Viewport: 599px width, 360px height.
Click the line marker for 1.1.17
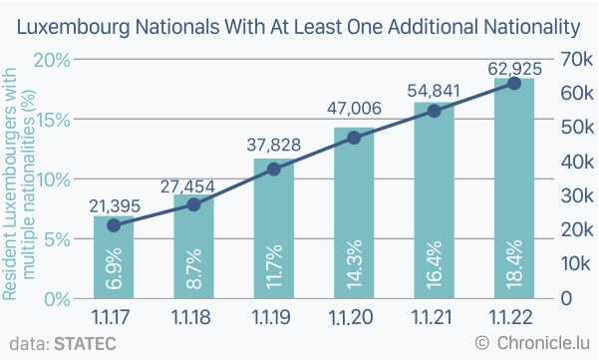pos(114,225)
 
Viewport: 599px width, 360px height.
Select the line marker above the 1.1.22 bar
pos(514,84)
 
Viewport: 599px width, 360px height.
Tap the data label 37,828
pos(274,145)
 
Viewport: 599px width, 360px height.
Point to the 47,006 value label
pos(354,108)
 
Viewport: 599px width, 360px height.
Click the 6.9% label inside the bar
pos(114,268)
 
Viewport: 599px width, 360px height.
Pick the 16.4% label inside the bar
pos(434,264)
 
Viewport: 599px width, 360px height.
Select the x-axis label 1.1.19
pos(271,317)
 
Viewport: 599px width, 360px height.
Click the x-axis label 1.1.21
pos(432,317)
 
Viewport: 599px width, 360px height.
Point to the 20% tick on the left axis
pos(52,60)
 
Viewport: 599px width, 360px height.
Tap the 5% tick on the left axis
pos(57,239)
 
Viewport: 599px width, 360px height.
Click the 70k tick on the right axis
pos(577,59)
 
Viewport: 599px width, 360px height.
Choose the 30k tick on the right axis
pos(577,195)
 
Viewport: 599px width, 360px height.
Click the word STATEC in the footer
pos(85,344)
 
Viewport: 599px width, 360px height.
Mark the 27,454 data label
pos(187,186)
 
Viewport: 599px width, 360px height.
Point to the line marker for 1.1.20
pos(354,138)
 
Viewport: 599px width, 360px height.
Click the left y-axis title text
pos(18,183)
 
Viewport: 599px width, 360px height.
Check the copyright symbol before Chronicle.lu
pos(482,343)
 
